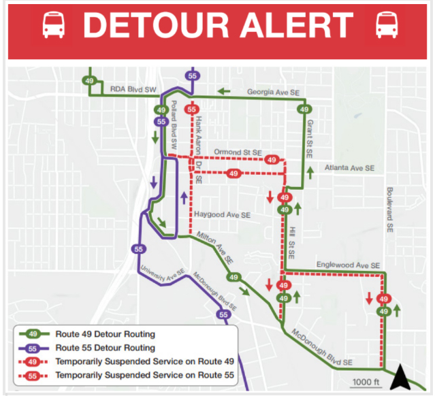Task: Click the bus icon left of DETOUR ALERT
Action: coord(53,25)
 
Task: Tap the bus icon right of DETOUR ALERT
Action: coord(385,25)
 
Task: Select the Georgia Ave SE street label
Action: coord(272,91)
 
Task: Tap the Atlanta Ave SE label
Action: coord(350,167)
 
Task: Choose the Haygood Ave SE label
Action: coord(223,215)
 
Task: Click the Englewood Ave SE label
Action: coord(348,265)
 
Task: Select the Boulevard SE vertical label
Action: coord(390,208)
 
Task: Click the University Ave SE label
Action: coord(163,274)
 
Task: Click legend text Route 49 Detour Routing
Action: coord(106,334)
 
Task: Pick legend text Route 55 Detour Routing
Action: coord(106,348)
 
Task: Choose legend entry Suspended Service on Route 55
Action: coord(144,375)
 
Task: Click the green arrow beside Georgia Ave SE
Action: coord(224,90)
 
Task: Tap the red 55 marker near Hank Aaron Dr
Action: coord(192,110)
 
